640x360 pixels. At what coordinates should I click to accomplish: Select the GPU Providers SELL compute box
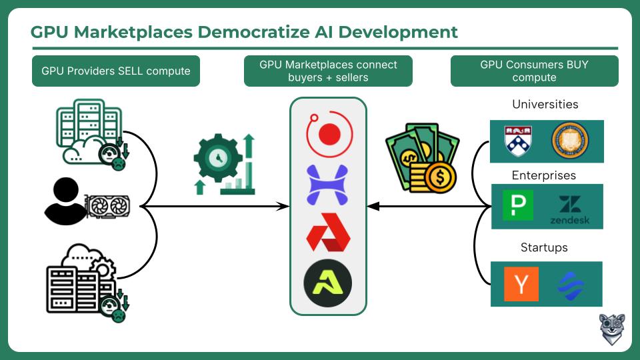(x=116, y=71)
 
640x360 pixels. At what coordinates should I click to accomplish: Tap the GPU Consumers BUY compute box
(x=534, y=71)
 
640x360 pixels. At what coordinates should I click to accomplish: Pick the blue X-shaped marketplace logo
(x=327, y=185)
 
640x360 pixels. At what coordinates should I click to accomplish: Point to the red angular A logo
(x=328, y=232)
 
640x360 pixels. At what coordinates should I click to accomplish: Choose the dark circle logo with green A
(x=328, y=283)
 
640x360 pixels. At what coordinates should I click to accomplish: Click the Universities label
(x=545, y=104)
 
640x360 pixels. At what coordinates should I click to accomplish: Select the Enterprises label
(x=544, y=175)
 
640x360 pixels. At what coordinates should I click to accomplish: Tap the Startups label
(x=544, y=247)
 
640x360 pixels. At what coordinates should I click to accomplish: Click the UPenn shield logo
(x=518, y=141)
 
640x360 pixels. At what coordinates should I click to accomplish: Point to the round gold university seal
(x=570, y=141)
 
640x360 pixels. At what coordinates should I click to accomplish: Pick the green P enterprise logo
(x=518, y=205)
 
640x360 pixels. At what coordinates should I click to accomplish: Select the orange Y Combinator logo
(x=521, y=284)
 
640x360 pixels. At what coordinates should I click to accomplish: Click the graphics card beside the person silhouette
(x=107, y=207)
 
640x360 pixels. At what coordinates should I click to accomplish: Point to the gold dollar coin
(x=440, y=177)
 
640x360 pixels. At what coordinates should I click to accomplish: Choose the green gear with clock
(x=218, y=158)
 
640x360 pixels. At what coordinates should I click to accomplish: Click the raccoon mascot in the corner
(x=612, y=329)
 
